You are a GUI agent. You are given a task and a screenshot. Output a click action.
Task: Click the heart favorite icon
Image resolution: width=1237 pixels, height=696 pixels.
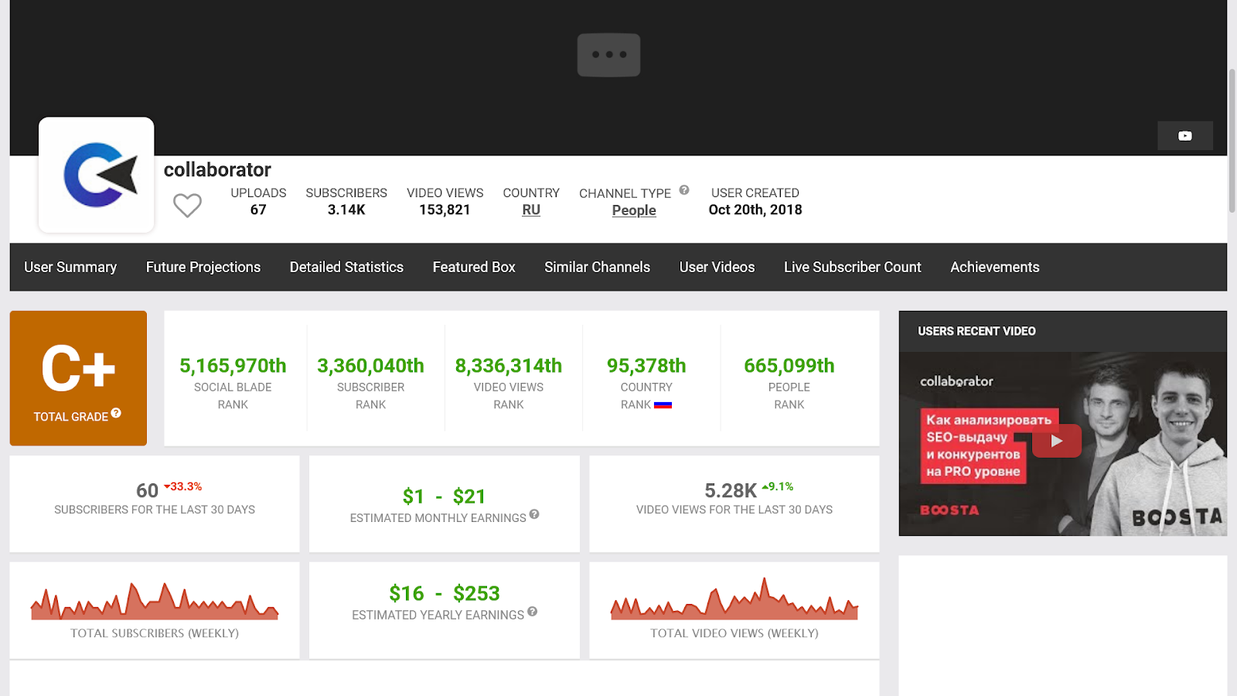coord(187,206)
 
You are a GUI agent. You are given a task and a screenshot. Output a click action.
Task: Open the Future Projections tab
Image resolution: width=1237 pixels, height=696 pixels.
coord(203,267)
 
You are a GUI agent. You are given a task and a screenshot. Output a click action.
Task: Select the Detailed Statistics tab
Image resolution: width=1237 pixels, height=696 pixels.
coord(346,267)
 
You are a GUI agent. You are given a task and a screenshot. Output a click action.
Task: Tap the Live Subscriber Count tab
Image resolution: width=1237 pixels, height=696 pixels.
coord(852,267)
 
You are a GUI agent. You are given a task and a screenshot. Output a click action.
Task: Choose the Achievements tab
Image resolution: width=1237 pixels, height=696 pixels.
coord(994,267)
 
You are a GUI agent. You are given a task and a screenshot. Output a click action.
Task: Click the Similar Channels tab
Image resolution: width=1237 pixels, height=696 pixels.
coord(597,267)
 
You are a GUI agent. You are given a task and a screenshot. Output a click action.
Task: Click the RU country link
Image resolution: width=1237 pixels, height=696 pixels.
coord(531,210)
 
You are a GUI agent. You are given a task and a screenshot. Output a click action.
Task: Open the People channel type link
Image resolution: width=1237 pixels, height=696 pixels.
coord(634,210)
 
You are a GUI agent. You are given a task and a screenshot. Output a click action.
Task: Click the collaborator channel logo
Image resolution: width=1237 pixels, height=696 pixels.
coord(97,175)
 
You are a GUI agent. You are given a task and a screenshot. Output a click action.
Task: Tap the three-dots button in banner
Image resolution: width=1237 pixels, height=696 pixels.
coord(608,55)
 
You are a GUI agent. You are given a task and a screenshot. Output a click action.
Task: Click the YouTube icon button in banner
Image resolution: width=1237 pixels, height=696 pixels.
coord(1184,136)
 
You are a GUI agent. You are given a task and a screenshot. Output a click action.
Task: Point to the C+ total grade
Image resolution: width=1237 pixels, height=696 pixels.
coord(78,370)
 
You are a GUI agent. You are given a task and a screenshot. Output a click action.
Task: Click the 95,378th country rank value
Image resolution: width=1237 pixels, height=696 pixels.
coord(646,365)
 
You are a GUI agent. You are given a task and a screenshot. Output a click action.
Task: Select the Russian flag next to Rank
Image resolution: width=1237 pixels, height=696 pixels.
coord(663,404)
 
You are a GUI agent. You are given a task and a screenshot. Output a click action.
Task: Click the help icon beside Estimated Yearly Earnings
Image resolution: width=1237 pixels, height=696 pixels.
coord(532,612)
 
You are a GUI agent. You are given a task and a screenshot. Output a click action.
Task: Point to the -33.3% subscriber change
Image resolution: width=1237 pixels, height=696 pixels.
coord(184,486)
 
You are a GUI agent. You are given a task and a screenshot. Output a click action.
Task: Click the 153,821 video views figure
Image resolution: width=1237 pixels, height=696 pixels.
coord(445,210)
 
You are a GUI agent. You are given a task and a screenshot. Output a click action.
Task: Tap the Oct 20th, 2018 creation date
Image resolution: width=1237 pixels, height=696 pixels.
coord(755,210)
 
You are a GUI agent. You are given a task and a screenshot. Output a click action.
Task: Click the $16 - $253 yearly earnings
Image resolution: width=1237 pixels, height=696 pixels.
coord(445,593)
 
